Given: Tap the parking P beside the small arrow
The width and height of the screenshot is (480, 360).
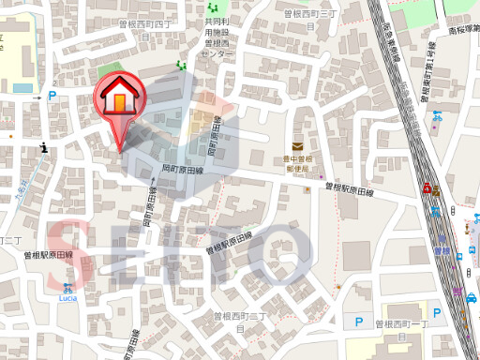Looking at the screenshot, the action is [52, 96].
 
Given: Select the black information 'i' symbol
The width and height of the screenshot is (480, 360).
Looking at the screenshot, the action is [44, 147].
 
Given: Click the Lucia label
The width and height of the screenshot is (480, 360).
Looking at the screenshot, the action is [67, 298].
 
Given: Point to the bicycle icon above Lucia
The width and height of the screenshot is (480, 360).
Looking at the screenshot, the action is [67, 288].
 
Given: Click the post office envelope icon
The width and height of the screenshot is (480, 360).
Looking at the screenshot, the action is [298, 146].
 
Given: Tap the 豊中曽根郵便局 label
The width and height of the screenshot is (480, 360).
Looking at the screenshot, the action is [297, 165].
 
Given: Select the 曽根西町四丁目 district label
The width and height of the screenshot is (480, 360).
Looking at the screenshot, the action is [147, 31].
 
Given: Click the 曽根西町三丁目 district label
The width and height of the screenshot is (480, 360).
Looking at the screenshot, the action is [310, 21].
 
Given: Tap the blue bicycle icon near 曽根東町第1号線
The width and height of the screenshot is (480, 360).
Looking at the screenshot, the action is [437, 116].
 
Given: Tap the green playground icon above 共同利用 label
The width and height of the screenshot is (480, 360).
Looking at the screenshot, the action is [210, 10].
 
